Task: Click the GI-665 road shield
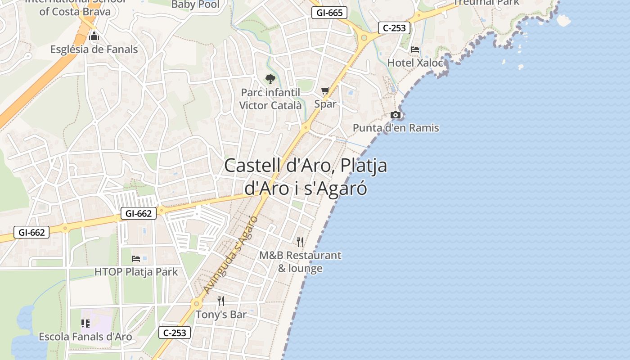tap(329, 13)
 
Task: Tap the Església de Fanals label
tap(94, 49)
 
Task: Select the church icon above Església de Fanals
tap(94, 36)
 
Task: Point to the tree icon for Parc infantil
tap(270, 80)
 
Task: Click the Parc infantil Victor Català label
tap(270, 99)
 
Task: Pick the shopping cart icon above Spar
tap(325, 91)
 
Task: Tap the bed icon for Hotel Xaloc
tap(415, 49)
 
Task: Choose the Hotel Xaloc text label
tap(415, 63)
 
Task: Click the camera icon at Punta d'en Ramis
tap(396, 115)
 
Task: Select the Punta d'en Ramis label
tap(396, 128)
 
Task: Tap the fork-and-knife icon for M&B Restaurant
tap(300, 242)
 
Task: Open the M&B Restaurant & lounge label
tap(300, 262)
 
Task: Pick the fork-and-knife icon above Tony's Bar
tap(221, 301)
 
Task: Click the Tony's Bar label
tap(221, 315)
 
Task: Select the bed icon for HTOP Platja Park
tap(136, 259)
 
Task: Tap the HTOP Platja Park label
tap(136, 272)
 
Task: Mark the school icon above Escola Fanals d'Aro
tap(85, 324)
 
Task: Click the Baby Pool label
tap(196, 5)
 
